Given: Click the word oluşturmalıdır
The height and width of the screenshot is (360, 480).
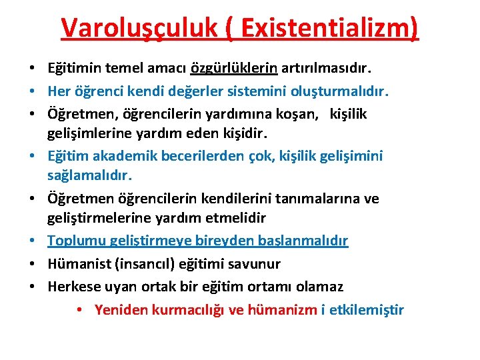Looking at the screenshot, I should (x=342, y=91).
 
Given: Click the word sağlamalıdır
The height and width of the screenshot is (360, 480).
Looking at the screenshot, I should (x=90, y=176).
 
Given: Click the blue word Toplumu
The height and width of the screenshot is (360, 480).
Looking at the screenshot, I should (x=75, y=241).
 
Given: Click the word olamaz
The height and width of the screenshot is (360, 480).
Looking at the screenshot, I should (x=320, y=287).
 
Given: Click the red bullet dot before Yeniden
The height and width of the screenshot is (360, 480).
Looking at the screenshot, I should (x=79, y=311).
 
